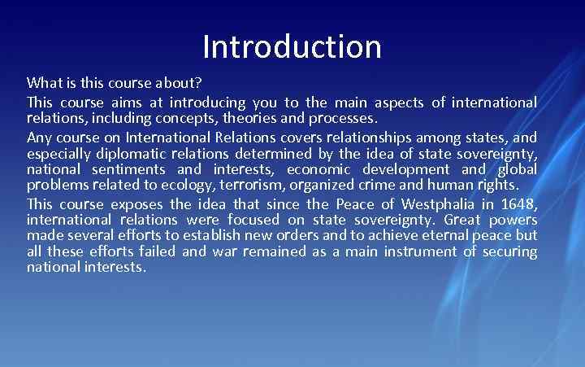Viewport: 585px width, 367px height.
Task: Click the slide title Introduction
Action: [x=292, y=46]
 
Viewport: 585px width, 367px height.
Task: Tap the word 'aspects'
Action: [x=399, y=103]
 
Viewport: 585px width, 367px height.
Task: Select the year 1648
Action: [x=518, y=203]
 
